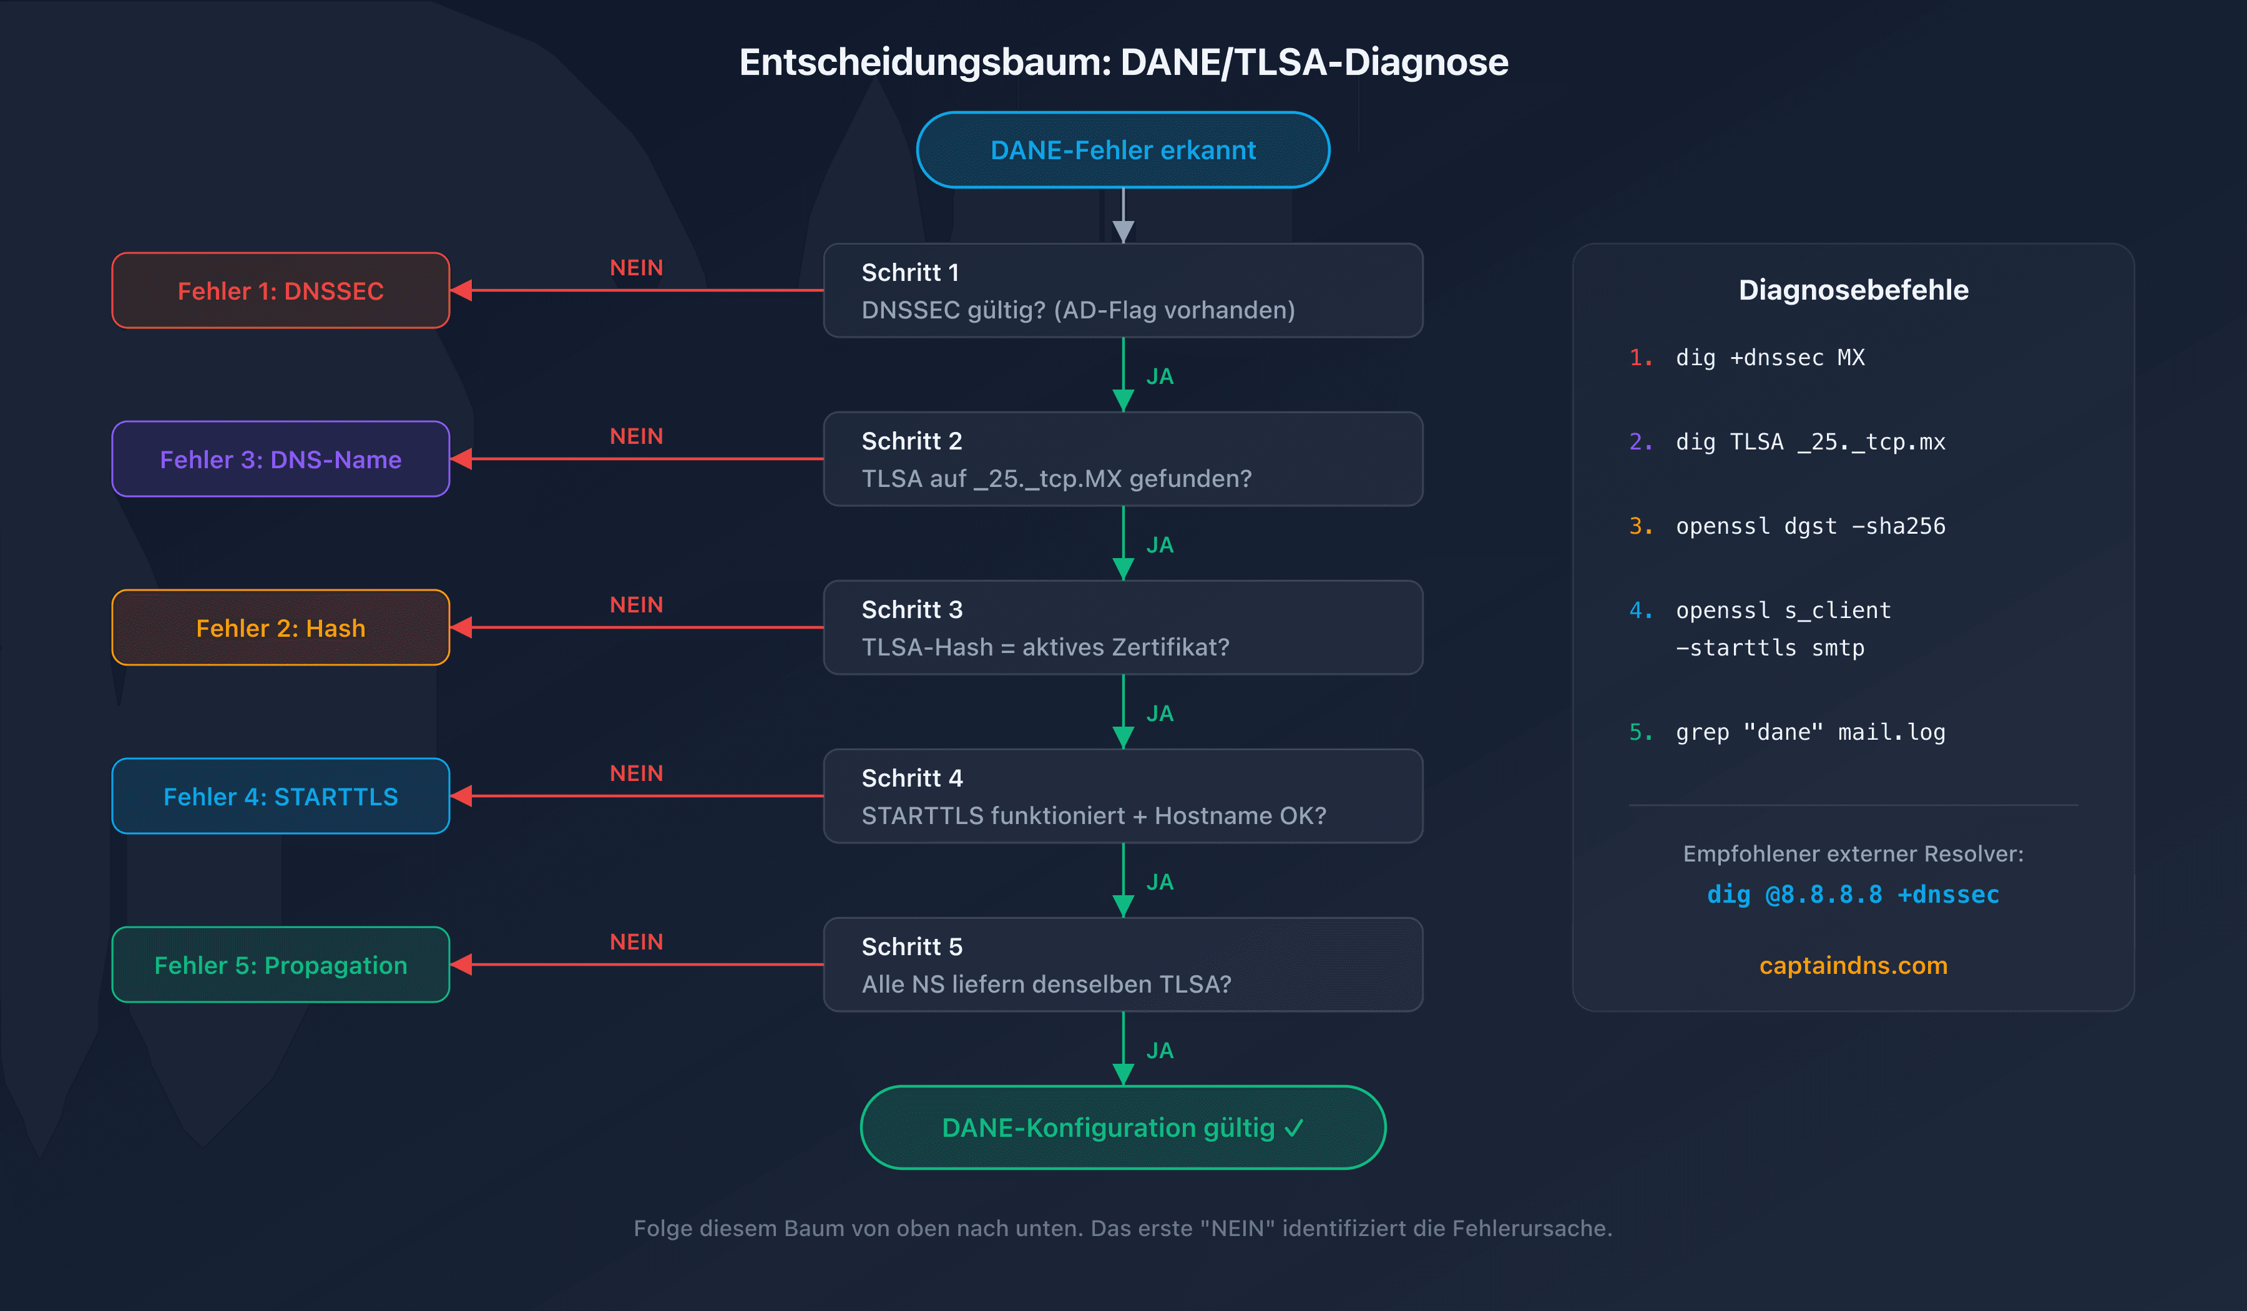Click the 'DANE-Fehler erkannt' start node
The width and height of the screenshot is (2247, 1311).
[1123, 150]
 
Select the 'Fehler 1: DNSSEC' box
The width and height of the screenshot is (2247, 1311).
[280, 291]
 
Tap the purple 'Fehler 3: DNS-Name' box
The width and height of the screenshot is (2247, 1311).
[280, 459]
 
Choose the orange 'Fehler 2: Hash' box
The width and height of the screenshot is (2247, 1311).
[280, 628]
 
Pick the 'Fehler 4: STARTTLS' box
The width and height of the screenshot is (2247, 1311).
[280, 797]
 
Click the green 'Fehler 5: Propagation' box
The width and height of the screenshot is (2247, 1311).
[280, 965]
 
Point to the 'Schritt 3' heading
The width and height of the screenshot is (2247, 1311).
[911, 609]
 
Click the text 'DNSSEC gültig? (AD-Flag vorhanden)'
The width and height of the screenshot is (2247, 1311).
[1077, 310]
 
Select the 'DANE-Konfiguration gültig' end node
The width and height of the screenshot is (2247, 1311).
[1123, 1127]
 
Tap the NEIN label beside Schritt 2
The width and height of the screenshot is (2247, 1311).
[636, 436]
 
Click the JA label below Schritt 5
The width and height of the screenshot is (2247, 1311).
[1159, 1051]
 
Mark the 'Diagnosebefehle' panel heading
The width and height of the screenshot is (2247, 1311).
[1853, 290]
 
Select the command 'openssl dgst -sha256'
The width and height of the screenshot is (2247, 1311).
[1809, 526]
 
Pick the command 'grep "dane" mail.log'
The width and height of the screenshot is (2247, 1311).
[1809, 732]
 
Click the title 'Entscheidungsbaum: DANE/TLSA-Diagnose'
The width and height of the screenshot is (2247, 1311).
[1123, 62]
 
